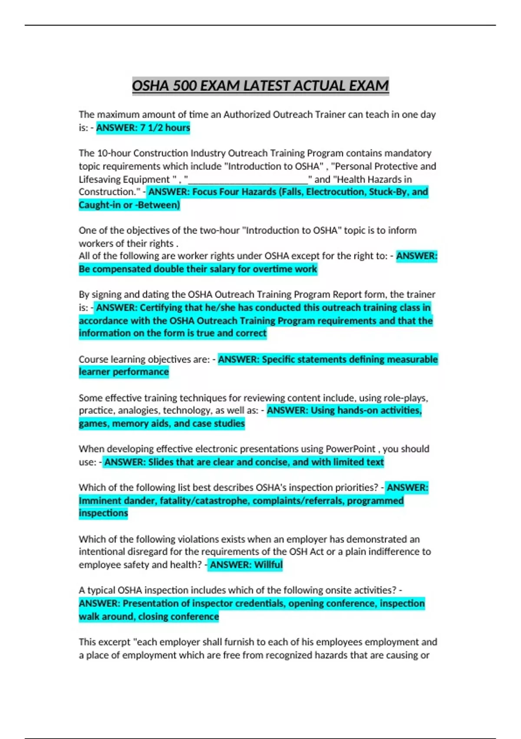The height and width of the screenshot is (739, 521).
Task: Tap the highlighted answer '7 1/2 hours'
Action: (x=165, y=128)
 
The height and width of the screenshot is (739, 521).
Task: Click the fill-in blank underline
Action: (x=248, y=180)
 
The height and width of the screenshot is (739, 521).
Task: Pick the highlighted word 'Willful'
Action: (x=268, y=565)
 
